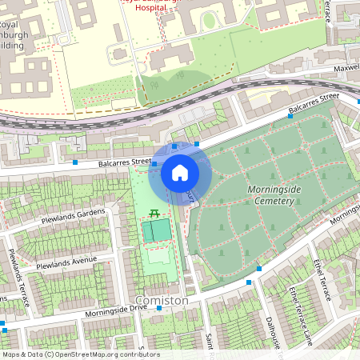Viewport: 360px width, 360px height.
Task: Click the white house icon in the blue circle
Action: (x=180, y=172)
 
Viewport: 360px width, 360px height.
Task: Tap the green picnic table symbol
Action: (x=154, y=212)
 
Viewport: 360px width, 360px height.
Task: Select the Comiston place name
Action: (x=162, y=300)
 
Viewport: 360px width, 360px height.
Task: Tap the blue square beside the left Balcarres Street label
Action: (x=75, y=162)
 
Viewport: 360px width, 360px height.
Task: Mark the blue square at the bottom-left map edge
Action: (x=4, y=328)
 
